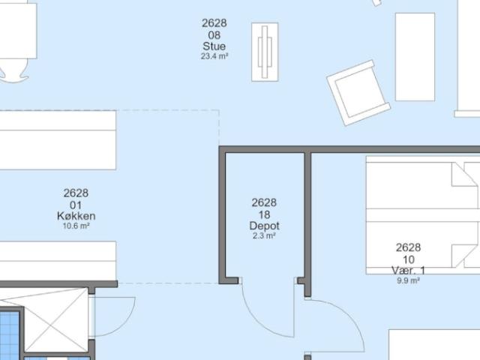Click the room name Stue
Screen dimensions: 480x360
pyautogui.click(x=214, y=46)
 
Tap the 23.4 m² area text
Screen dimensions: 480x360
pyautogui.click(x=214, y=56)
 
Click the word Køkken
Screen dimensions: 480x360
pyautogui.click(x=76, y=216)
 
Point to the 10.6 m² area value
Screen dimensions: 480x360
pyautogui.click(x=76, y=226)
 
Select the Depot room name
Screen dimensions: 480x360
pyautogui.click(x=264, y=226)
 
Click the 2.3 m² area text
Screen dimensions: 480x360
pyautogui.click(x=264, y=236)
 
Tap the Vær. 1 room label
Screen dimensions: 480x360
pyautogui.click(x=408, y=270)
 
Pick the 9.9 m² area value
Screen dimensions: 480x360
pyautogui.click(x=408, y=280)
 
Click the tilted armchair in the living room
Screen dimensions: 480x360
pyautogui.click(x=358, y=93)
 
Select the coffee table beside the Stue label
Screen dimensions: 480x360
pyautogui.click(x=265, y=52)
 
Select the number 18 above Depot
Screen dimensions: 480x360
pyautogui.click(x=264, y=214)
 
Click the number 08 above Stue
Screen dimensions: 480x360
pyautogui.click(x=214, y=35)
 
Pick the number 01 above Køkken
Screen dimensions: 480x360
pyautogui.click(x=76, y=205)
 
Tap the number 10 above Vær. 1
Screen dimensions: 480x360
pyautogui.click(x=408, y=259)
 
